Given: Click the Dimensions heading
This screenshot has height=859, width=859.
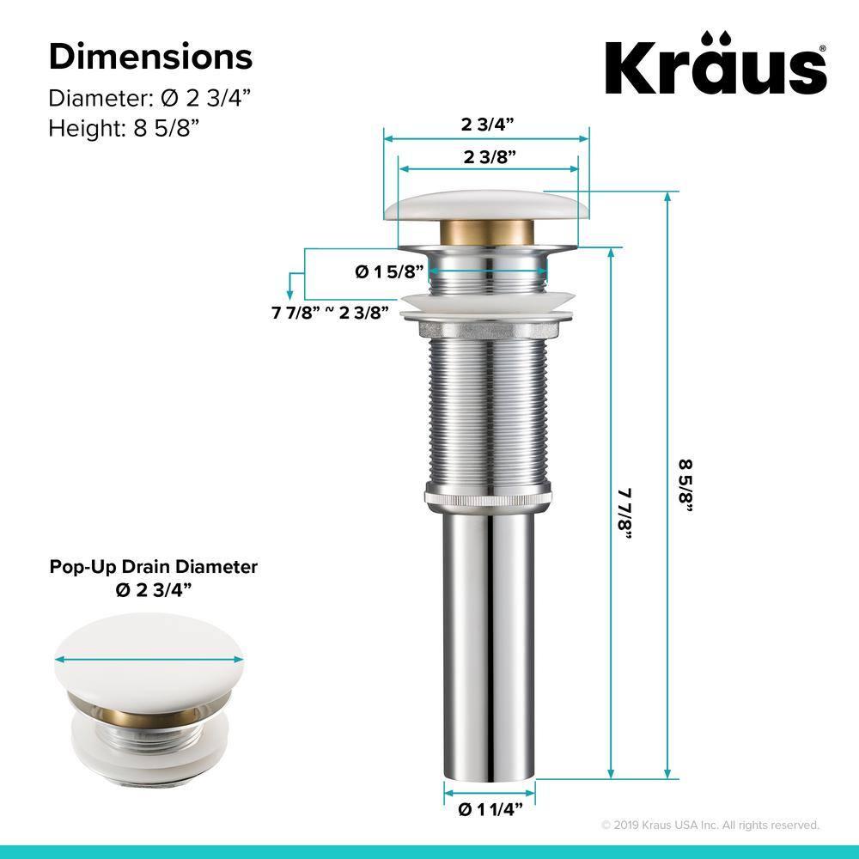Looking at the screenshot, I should pyautogui.click(x=150, y=57).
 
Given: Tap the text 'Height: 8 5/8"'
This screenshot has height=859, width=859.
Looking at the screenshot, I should pyautogui.click(x=124, y=128).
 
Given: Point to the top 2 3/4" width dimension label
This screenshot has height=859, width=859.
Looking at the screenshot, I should pyautogui.click(x=487, y=124).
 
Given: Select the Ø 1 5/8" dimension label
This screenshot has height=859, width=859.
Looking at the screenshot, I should pyautogui.click(x=390, y=271).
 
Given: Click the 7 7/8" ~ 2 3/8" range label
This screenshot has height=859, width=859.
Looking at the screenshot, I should pyautogui.click(x=331, y=312).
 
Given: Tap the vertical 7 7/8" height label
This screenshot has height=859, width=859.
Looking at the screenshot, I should pyautogui.click(x=624, y=514).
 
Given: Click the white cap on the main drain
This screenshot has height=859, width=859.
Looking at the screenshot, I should pyautogui.click(x=487, y=205).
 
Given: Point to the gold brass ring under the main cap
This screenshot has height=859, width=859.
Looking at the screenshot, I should pyautogui.click(x=487, y=232).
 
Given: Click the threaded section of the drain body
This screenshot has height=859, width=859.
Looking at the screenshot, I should pyautogui.click(x=487, y=412).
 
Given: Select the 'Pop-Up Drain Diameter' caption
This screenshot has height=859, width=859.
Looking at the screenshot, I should pyautogui.click(x=154, y=567).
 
